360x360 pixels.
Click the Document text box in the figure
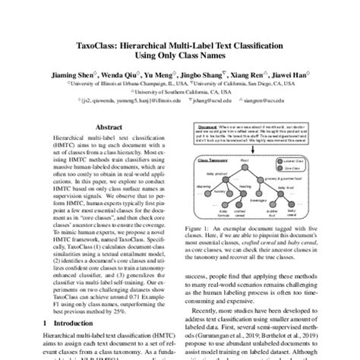pyautogui.click(x=251, y=130)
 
